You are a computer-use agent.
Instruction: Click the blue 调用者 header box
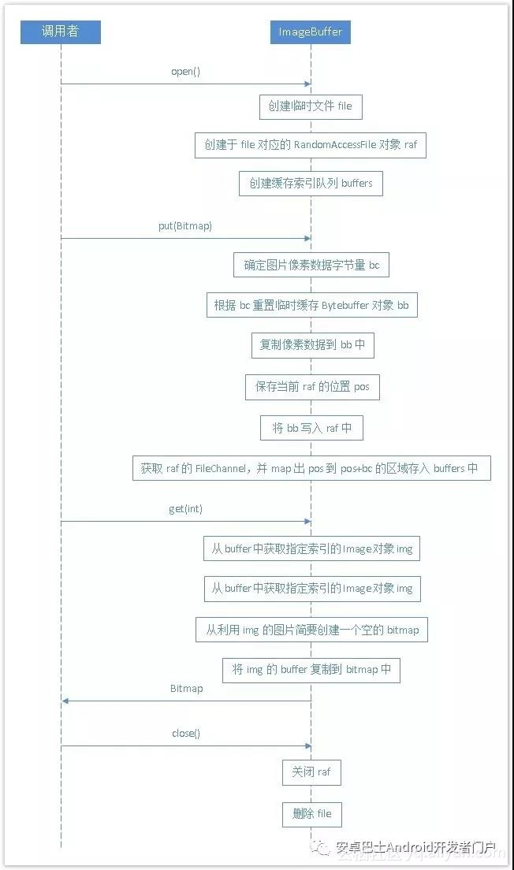pos(61,32)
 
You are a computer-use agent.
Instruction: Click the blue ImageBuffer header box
pos(311,32)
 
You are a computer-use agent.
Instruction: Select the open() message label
pos(186,72)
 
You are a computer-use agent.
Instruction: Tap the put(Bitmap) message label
pos(185,226)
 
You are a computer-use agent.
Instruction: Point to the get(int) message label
pos(185,509)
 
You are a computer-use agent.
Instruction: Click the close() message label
pos(186,734)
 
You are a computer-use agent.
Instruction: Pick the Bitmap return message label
pos(186,689)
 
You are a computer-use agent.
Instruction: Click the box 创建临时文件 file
pos(311,106)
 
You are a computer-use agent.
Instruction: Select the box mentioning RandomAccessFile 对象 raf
pos(311,145)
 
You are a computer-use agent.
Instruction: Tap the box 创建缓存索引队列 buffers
pos(311,184)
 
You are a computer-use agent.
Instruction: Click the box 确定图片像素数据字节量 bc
pos(311,265)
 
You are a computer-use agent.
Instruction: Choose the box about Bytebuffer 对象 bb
pos(311,305)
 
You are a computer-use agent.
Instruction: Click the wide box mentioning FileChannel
pos(311,468)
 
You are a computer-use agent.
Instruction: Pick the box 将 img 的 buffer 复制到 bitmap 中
pos(311,670)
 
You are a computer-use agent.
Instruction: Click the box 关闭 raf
pos(311,772)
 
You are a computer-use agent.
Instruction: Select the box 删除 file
pos(311,814)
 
